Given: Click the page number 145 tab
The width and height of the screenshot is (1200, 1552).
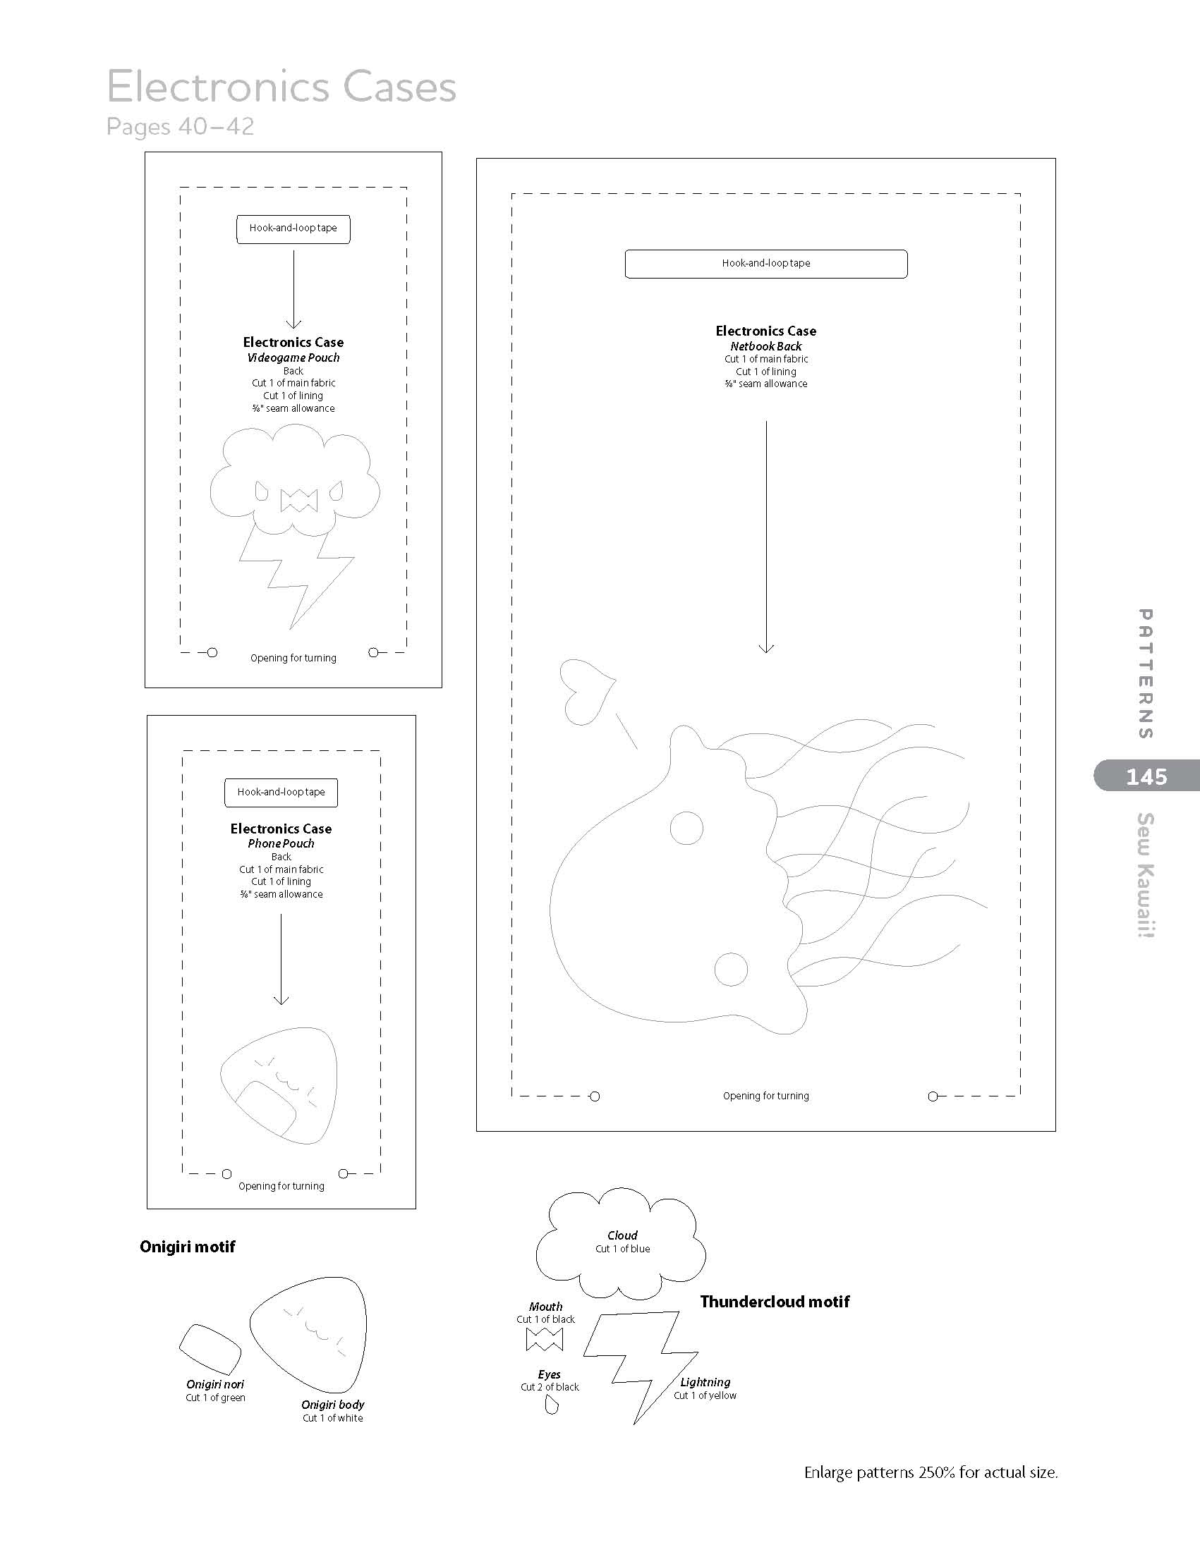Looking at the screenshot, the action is click(x=1146, y=776).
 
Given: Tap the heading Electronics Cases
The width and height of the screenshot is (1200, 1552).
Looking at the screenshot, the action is click(x=281, y=87).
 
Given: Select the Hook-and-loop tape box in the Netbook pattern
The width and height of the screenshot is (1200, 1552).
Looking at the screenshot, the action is click(x=765, y=264).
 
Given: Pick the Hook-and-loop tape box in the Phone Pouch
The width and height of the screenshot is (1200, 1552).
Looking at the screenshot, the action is click(x=281, y=793).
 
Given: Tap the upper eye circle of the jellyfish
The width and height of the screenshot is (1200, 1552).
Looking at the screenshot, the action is click(x=686, y=828).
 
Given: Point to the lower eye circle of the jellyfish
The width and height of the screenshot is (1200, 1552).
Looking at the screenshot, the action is click(x=731, y=969).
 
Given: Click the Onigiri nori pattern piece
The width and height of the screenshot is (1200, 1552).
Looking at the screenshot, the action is click(x=210, y=1349).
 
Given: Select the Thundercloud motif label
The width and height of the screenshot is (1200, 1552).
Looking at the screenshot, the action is click(x=774, y=1301).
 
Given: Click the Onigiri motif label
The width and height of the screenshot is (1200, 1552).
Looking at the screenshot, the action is click(x=187, y=1247).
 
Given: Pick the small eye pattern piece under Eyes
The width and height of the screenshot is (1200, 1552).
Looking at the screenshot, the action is click(x=551, y=1405).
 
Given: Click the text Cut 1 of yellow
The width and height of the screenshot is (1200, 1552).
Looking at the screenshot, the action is click(x=705, y=1395).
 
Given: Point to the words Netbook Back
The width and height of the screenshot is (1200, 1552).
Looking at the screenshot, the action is click(x=765, y=346).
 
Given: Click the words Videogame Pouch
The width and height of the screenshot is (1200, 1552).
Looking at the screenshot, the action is click(x=293, y=358).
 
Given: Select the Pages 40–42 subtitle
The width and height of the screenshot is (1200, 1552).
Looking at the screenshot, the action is click(x=180, y=126).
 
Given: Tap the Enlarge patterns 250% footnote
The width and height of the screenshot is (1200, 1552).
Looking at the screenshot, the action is click(x=931, y=1472).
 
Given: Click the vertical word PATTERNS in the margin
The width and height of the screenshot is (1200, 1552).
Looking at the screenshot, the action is click(x=1145, y=673).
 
